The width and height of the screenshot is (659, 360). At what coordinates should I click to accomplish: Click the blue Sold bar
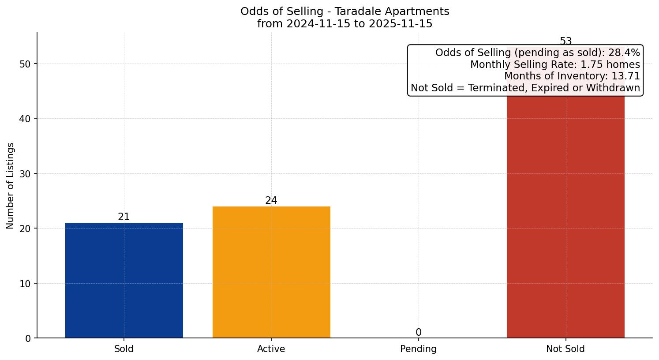click(124, 280)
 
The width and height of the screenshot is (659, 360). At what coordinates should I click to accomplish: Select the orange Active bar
click(271, 272)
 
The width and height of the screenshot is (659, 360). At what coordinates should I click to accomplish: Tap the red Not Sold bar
click(565, 216)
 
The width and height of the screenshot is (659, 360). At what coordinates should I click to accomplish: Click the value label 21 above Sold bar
click(124, 217)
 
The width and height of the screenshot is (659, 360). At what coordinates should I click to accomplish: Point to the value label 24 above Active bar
click(271, 201)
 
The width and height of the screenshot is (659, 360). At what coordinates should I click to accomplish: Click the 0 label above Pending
click(418, 333)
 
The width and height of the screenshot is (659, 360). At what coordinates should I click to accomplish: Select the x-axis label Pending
click(418, 349)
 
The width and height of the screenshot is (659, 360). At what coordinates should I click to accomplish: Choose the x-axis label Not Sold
click(565, 349)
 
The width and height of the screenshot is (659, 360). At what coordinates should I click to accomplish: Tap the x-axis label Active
click(271, 349)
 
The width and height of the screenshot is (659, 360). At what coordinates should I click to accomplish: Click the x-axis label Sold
click(124, 349)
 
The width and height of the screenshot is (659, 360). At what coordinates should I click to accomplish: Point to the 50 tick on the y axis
click(25, 64)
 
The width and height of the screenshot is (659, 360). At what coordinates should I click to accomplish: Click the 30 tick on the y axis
click(25, 174)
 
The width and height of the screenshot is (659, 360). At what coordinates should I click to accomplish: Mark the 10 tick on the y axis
click(25, 284)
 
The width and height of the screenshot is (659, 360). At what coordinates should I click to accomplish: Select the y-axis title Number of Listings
click(11, 186)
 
